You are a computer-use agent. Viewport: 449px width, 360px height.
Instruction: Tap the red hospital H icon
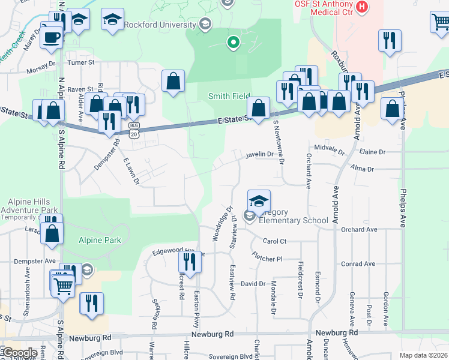click(x=361, y=7)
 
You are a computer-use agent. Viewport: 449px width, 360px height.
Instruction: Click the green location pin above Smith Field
click(x=233, y=43)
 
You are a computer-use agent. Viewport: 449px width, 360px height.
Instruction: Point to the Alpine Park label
click(x=100, y=241)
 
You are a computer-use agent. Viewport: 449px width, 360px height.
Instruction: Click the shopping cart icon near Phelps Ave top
click(x=440, y=23)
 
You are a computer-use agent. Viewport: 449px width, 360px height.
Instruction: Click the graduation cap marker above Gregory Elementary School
click(x=259, y=202)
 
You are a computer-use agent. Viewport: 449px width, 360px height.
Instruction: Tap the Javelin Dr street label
click(x=259, y=155)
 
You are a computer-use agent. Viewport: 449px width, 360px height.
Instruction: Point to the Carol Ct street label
click(x=275, y=241)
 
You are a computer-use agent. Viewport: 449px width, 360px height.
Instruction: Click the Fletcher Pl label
click(x=267, y=259)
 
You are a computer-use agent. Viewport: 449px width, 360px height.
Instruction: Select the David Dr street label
click(x=253, y=283)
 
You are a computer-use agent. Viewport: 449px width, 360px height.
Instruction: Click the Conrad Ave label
click(x=358, y=264)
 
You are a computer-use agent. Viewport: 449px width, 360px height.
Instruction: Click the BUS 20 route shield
click(x=133, y=130)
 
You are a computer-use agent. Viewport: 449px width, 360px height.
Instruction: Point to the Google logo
click(x=19, y=353)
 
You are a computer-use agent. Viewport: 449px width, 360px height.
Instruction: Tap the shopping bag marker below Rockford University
click(x=173, y=81)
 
